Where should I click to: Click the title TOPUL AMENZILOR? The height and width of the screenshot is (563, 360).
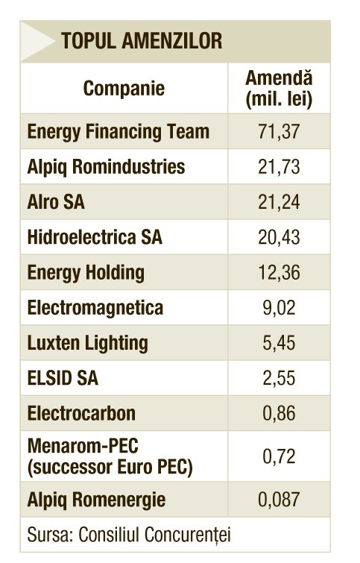point(142,40)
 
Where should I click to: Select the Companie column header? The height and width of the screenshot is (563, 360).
point(124,89)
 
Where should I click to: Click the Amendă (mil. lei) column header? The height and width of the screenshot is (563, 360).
point(279,89)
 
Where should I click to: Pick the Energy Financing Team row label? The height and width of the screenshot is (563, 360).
point(118,132)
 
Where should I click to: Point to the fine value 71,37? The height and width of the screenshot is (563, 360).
point(279,131)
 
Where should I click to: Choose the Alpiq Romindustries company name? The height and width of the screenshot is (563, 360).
point(106,167)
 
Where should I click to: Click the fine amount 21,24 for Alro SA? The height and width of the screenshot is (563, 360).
point(279,202)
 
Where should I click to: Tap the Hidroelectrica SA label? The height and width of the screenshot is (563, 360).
point(95,237)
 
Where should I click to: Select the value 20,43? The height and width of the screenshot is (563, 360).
point(279,237)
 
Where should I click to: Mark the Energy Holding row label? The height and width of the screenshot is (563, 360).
point(86,272)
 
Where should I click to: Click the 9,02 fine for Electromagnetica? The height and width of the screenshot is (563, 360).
point(279,308)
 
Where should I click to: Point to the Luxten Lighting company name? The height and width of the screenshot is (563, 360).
point(87,343)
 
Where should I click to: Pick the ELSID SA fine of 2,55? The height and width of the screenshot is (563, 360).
point(279,378)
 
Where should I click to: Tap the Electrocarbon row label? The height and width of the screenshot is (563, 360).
point(81,413)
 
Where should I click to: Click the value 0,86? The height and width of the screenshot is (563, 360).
point(279,413)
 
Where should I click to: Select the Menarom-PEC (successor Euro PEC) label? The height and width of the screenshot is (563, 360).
point(110,456)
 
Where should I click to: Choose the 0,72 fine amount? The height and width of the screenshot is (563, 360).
point(279,456)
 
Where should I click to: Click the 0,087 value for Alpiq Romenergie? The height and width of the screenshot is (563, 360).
point(279,500)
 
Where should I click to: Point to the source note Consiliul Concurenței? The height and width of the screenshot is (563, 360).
point(154,535)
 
